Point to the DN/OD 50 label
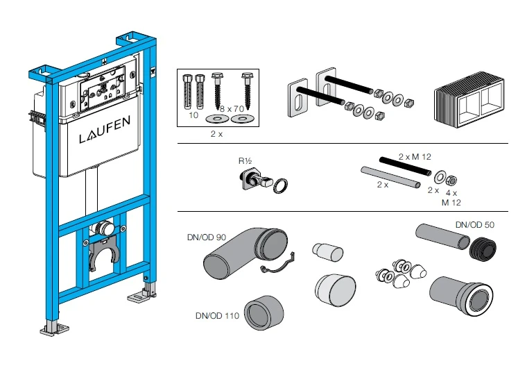tap(475, 224)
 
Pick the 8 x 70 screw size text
tap(231, 109)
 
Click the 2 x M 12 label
tap(415, 158)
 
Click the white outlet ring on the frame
tap(105, 227)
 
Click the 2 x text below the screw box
tap(216, 133)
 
